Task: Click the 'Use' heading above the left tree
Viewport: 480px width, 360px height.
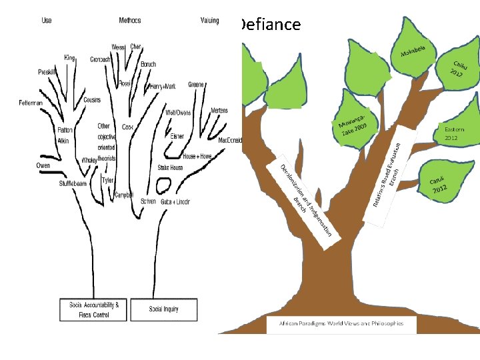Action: coord(47,21)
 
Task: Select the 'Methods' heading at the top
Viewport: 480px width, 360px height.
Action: coord(130,21)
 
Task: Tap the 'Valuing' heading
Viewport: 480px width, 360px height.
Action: coord(209,21)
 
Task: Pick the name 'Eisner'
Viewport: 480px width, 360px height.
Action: coord(177,136)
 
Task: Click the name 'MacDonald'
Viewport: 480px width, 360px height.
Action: coord(230,141)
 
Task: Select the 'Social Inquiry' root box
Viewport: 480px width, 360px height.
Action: coord(164,309)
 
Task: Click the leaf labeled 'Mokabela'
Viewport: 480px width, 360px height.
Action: coord(417,49)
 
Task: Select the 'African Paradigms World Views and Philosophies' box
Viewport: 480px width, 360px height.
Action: coord(341,323)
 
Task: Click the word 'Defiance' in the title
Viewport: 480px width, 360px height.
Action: coord(269,25)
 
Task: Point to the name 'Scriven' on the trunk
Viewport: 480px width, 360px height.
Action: coord(148,201)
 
